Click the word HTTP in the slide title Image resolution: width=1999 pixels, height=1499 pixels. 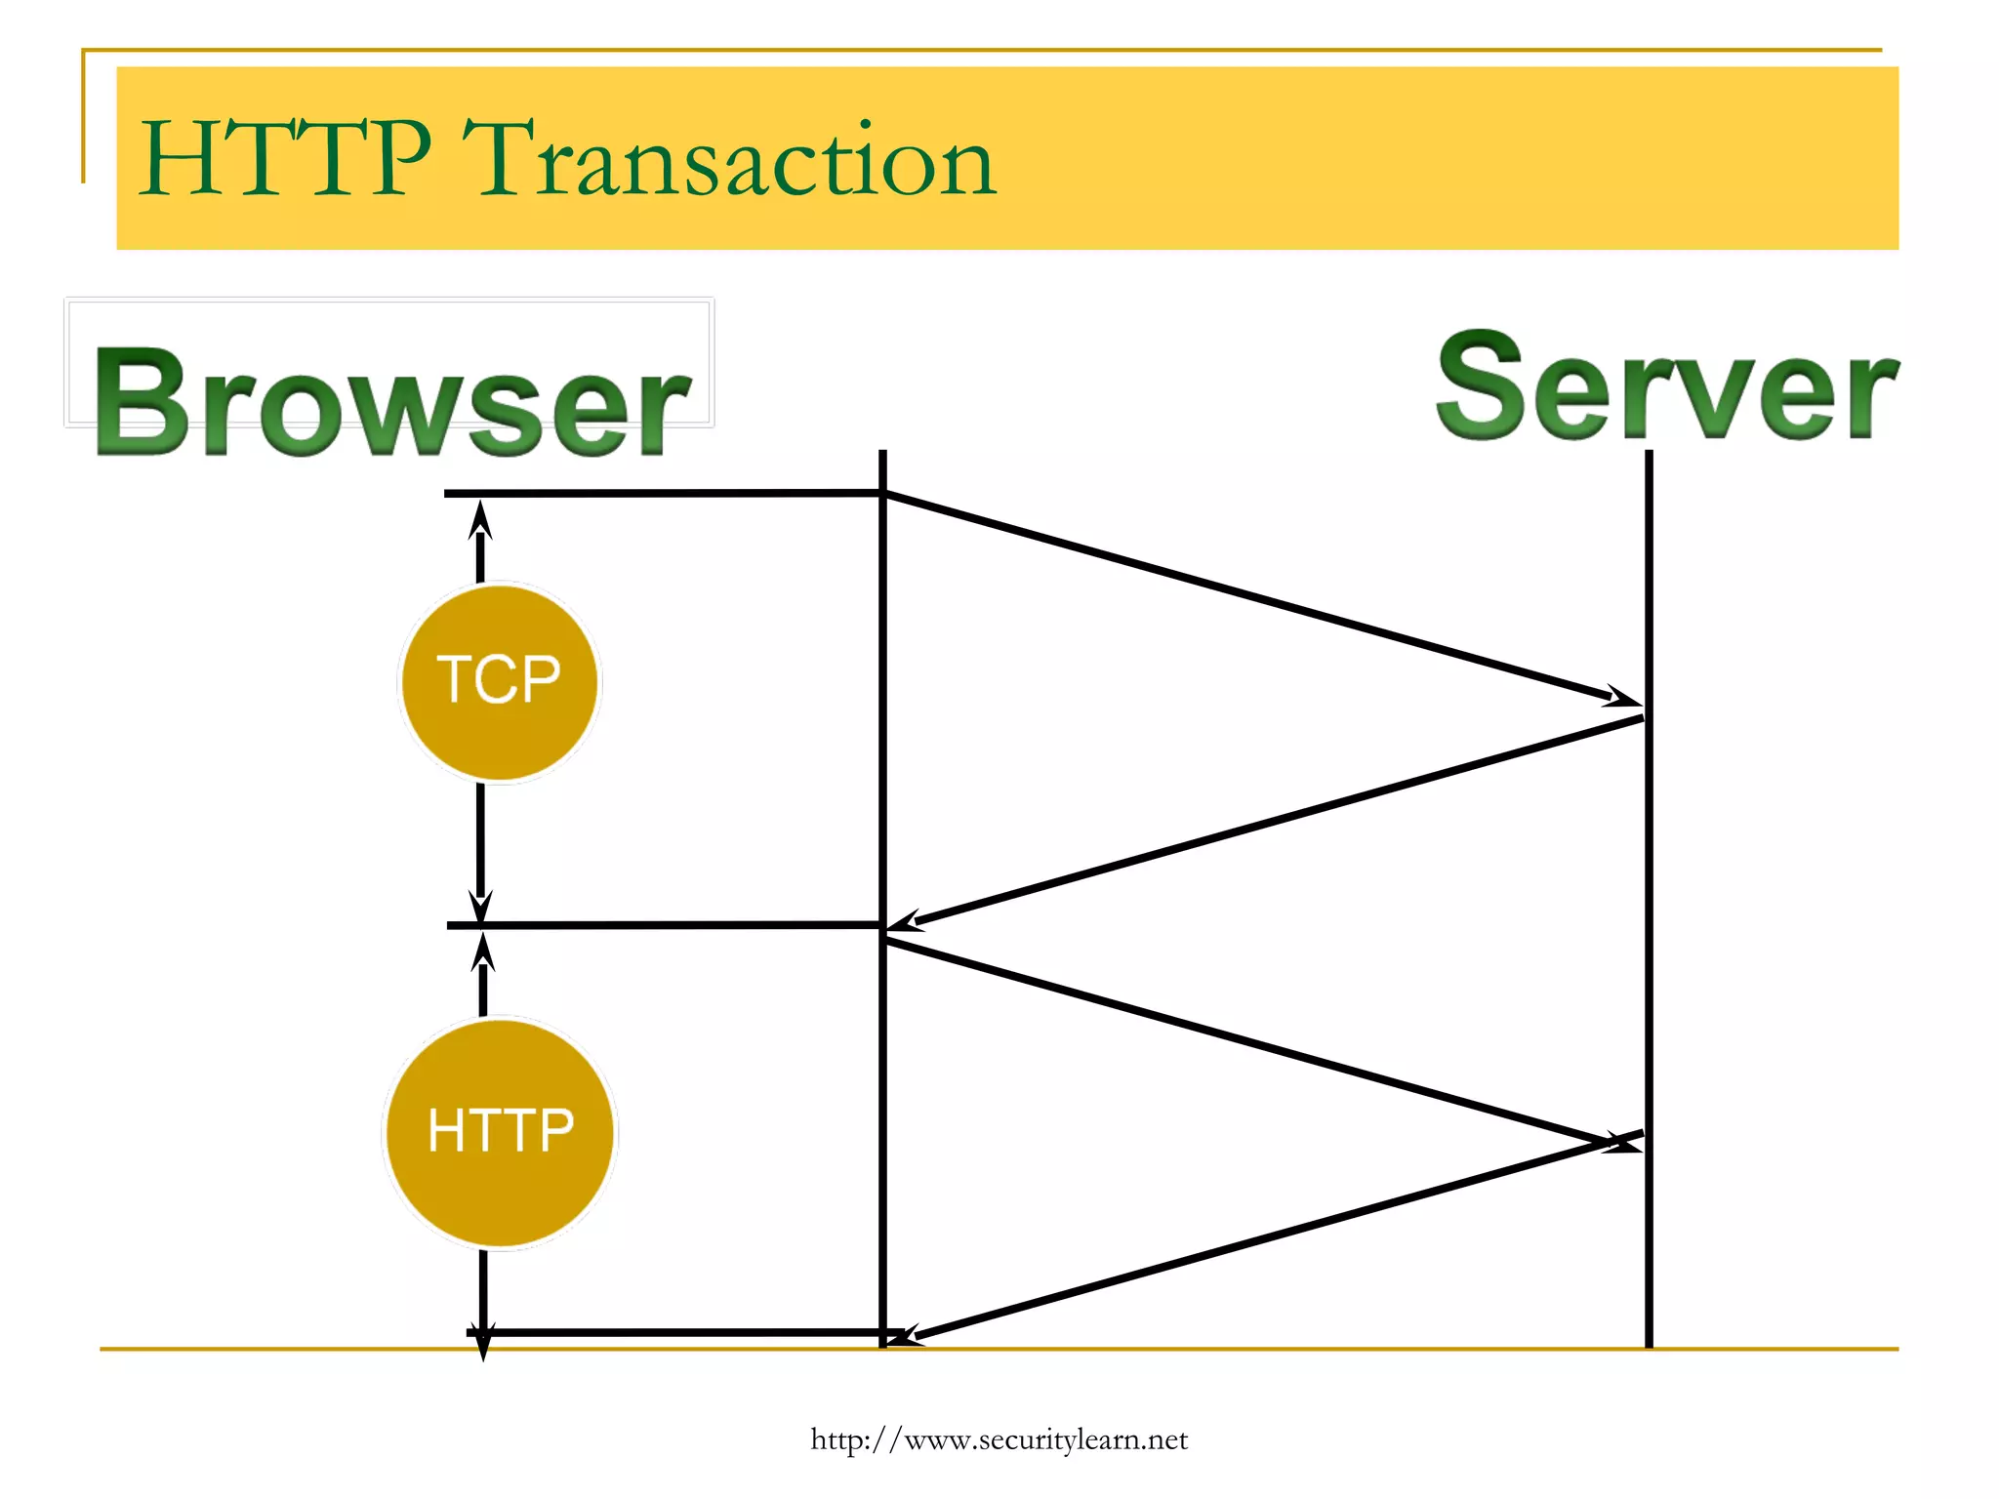(x=285, y=158)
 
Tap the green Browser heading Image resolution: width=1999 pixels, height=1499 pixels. (x=392, y=402)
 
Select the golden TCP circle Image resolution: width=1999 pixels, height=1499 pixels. (x=499, y=681)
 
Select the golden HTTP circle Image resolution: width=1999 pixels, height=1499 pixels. (x=500, y=1132)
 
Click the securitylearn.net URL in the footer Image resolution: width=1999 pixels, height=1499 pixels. (x=999, y=1439)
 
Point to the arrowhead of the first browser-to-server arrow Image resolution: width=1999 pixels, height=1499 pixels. (x=1626, y=699)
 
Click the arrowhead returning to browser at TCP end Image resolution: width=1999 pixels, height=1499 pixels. (x=904, y=921)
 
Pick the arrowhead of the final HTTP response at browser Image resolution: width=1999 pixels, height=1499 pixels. (x=904, y=1336)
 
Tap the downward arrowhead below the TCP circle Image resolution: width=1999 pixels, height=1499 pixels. (x=480, y=906)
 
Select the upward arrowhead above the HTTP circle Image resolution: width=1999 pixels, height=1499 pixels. (x=483, y=951)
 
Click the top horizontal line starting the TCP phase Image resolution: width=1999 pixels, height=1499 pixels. (x=664, y=494)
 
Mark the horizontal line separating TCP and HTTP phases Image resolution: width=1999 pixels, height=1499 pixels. (x=664, y=924)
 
